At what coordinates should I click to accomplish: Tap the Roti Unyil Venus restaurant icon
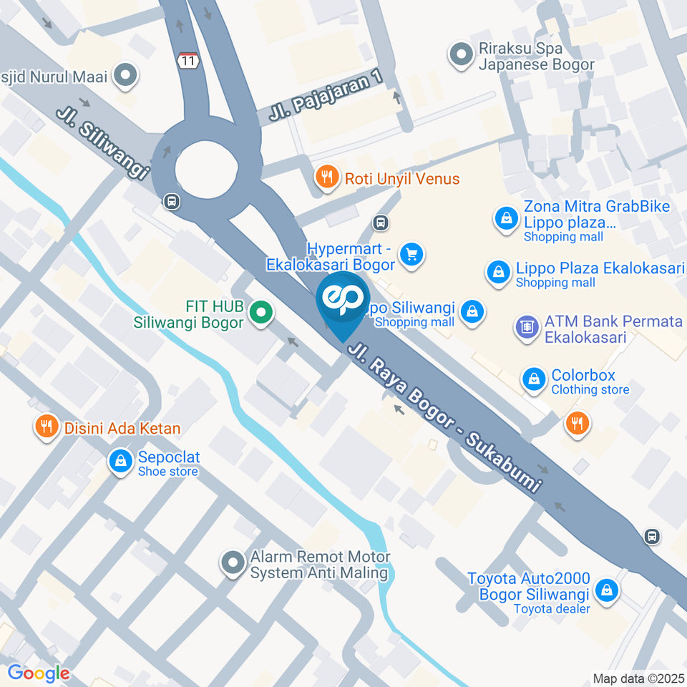pos(328,178)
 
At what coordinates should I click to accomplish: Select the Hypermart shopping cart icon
pos(411,254)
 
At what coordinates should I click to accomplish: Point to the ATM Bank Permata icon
pos(527,328)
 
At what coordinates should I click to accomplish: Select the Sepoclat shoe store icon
pos(120,462)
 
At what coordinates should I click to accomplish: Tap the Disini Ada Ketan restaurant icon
pos(47,428)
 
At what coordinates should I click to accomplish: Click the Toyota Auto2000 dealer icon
pos(607,591)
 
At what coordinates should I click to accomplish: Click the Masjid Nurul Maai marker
pos(127,75)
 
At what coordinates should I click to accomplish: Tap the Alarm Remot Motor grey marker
pos(233,564)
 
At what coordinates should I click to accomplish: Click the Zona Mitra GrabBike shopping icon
pos(506,219)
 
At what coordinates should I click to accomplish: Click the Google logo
pos(39,673)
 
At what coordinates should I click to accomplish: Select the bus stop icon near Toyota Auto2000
pos(651,536)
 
